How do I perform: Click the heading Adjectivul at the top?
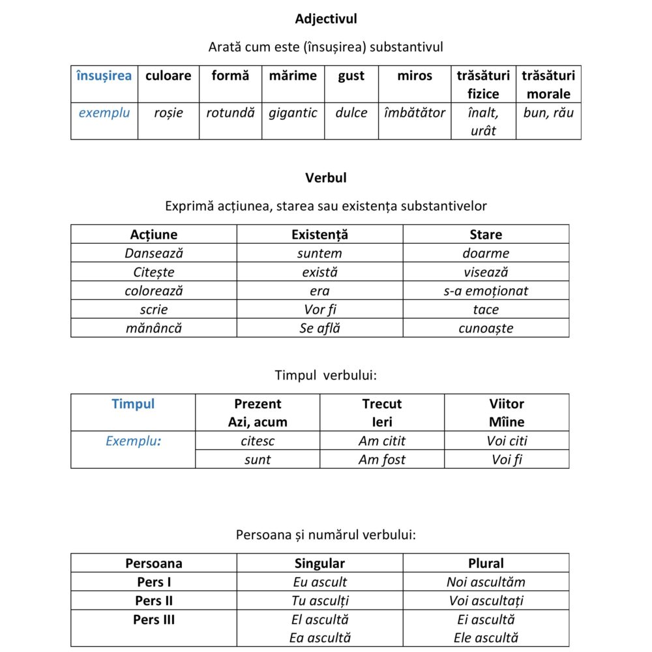(326, 19)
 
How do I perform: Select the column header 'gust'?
(351, 76)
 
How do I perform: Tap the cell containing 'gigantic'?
(293, 113)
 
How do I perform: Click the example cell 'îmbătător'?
(415, 113)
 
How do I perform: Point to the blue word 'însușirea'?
(104, 76)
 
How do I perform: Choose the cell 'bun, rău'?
(548, 113)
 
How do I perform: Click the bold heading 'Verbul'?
(326, 177)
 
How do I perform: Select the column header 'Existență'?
(319, 235)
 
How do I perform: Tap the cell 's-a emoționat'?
(486, 291)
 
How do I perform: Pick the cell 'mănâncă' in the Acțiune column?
(154, 328)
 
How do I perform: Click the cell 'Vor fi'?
(319, 310)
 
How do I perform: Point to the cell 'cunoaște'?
(486, 328)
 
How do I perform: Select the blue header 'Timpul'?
(133, 404)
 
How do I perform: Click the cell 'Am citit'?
(382, 441)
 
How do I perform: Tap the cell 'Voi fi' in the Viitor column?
(507, 460)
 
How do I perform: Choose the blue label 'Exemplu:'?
(133, 441)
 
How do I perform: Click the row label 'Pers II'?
(154, 600)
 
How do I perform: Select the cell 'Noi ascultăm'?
(486, 582)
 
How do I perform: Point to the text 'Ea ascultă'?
(319, 638)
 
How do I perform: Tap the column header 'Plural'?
(486, 563)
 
